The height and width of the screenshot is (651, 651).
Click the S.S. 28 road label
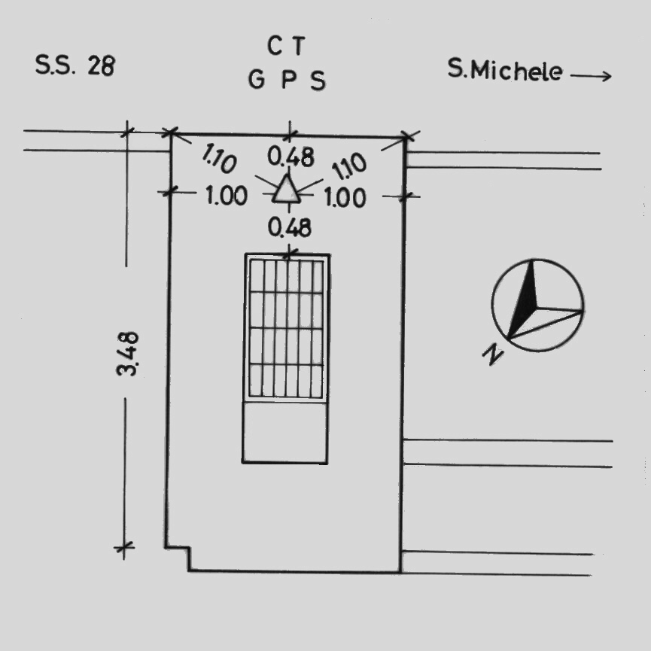point(75,65)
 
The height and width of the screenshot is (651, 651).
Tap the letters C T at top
point(287,46)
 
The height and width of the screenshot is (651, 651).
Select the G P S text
point(287,80)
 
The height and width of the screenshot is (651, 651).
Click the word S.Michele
point(505,70)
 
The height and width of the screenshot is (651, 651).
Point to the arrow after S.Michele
point(590,76)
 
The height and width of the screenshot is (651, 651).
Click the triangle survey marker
point(286,190)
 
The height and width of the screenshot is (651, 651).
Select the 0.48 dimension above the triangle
point(291,157)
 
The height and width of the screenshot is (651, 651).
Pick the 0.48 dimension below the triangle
point(290,227)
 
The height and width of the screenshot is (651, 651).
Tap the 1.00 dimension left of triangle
point(227,196)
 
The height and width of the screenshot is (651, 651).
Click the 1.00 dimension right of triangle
point(345,197)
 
